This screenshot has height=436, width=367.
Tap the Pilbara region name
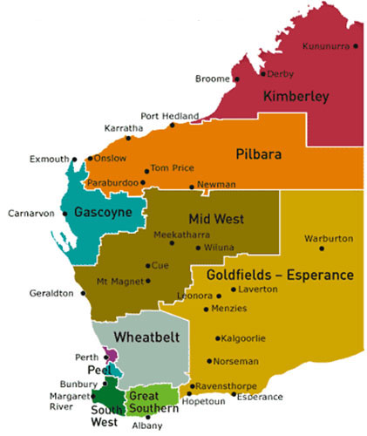pyautogui.click(x=259, y=153)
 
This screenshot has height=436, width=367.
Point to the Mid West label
pyautogui.click(x=215, y=220)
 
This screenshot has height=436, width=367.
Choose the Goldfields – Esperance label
pyautogui.click(x=280, y=275)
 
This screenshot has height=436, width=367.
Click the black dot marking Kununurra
pyautogui.click(x=356, y=46)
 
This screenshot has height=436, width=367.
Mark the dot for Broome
pyautogui.click(x=236, y=79)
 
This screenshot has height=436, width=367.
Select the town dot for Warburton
pyautogui.click(x=321, y=249)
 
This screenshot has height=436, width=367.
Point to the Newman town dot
pyautogui.click(x=192, y=187)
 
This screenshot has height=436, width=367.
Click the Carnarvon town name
pyautogui.click(x=31, y=213)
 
